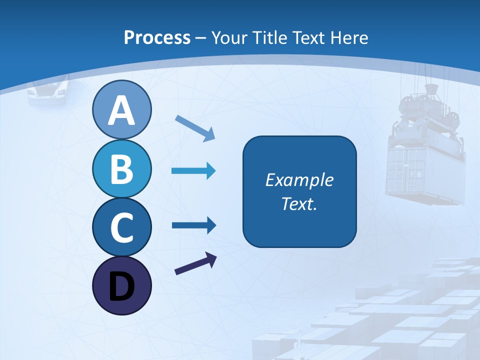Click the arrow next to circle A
click(x=195, y=127)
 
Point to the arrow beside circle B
click(x=193, y=171)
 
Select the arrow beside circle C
click(x=193, y=225)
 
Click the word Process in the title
click(x=157, y=38)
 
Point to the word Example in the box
click(x=299, y=180)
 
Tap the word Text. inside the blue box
click(x=299, y=204)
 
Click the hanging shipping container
click(x=425, y=172)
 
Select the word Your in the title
click(x=229, y=38)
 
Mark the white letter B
click(x=121, y=169)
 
